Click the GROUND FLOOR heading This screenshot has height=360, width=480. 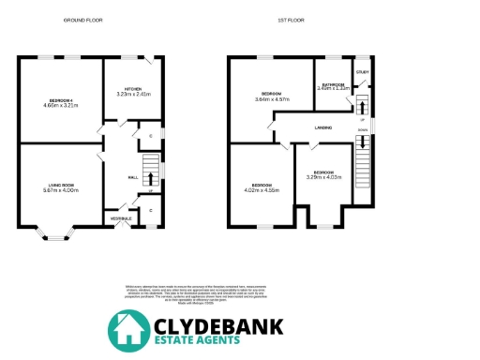[82, 20]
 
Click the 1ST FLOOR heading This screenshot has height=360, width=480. [301, 20]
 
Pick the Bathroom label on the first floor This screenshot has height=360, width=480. [333, 84]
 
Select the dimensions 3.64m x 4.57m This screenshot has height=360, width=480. [272, 98]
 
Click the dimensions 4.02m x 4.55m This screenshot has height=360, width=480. [262, 190]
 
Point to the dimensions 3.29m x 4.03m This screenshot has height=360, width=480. [322, 178]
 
